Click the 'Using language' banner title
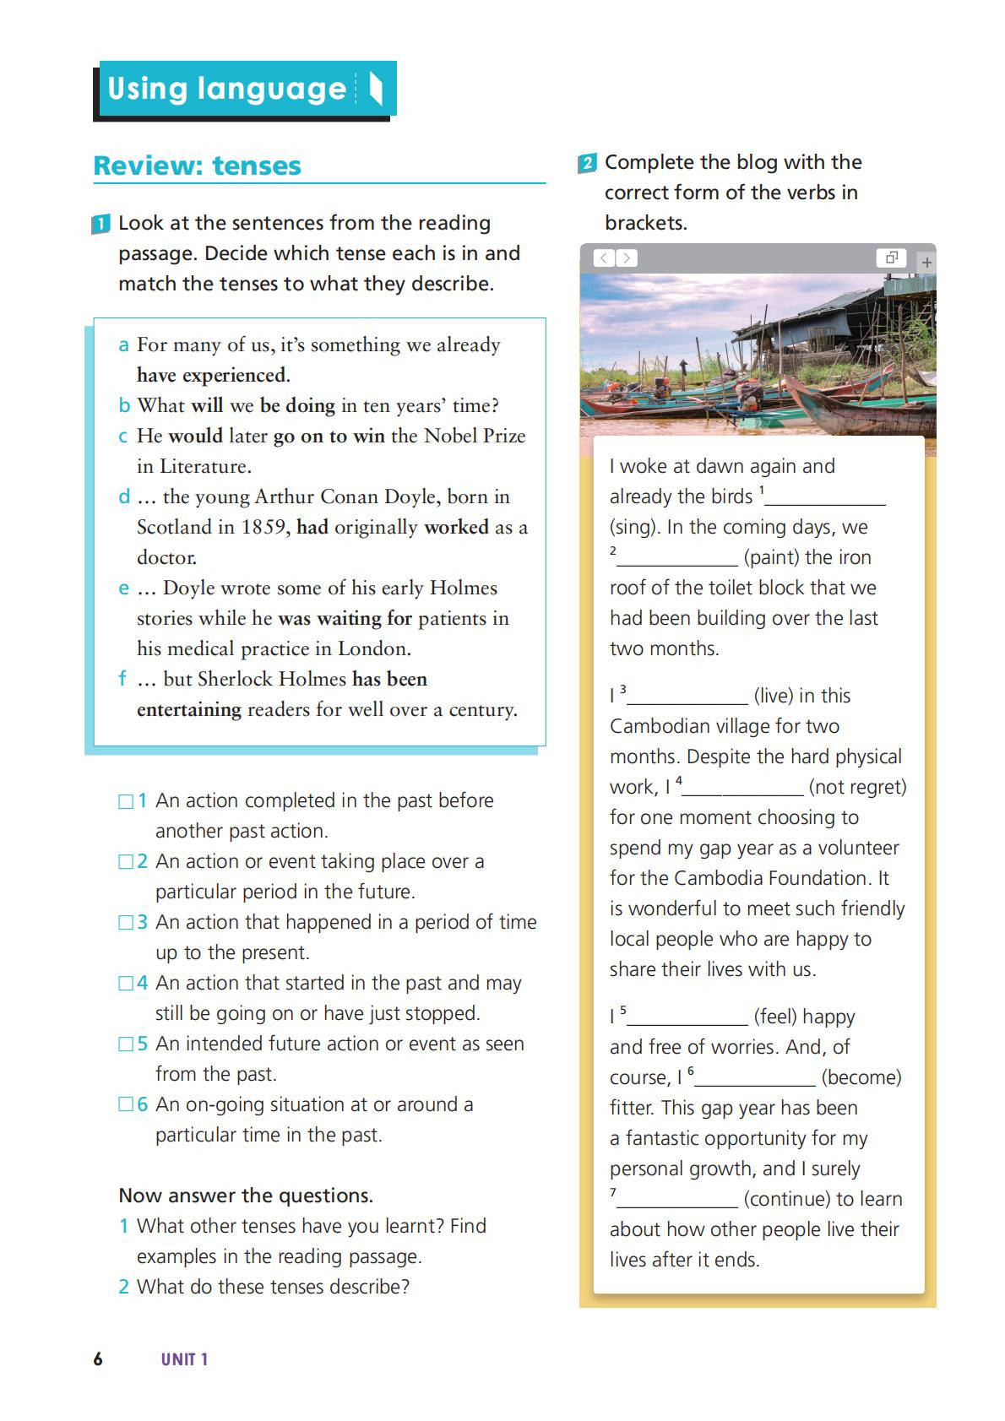point(226,89)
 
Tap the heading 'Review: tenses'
point(197,165)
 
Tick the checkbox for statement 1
point(126,800)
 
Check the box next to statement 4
point(126,983)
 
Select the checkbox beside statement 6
point(126,1104)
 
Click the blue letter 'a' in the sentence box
point(123,344)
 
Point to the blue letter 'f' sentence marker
point(122,679)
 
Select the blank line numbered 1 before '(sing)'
point(825,498)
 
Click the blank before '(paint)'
point(677,559)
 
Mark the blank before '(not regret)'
point(743,789)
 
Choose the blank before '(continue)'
point(677,1201)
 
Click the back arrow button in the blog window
point(604,258)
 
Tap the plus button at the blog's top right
point(926,262)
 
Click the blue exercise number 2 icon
point(587,163)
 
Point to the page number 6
point(98,1359)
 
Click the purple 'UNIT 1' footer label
point(184,1359)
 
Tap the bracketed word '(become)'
point(861,1077)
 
